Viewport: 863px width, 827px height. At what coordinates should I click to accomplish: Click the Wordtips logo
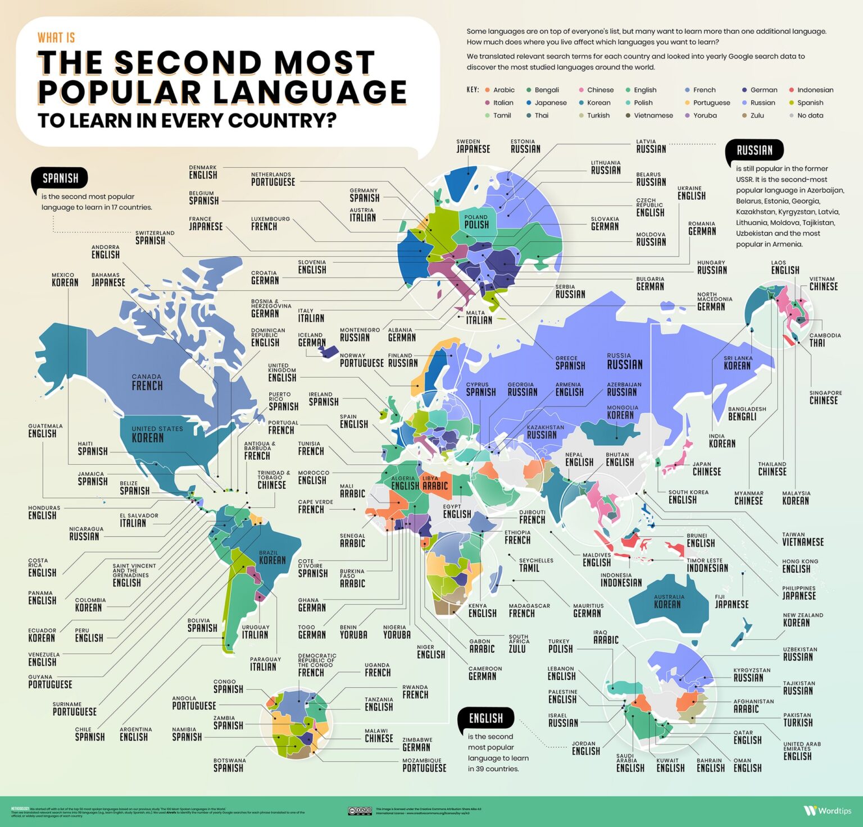[x=827, y=811]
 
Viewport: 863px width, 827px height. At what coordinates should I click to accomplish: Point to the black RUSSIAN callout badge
[x=754, y=150]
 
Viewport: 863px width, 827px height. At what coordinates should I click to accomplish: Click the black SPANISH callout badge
[x=61, y=179]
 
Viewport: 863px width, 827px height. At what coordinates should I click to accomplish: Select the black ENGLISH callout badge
[x=486, y=719]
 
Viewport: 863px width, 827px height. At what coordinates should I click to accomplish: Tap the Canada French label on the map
[x=147, y=382]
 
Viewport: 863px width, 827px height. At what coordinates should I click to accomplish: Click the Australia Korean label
[x=667, y=601]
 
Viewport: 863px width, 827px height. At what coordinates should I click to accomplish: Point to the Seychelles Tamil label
[x=536, y=565]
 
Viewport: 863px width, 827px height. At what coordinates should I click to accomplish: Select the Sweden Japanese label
[x=473, y=146]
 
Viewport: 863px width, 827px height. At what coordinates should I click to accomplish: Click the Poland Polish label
[x=476, y=221]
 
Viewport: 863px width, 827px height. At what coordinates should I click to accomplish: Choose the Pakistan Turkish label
[x=798, y=719]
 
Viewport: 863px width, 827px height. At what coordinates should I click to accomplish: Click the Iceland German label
[x=311, y=339]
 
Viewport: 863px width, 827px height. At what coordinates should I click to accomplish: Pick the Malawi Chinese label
[x=379, y=735]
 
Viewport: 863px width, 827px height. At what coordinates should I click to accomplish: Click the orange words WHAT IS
[x=56, y=38]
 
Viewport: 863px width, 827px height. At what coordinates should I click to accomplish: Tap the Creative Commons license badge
[x=360, y=811]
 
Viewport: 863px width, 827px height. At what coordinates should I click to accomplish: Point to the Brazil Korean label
[x=272, y=557]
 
